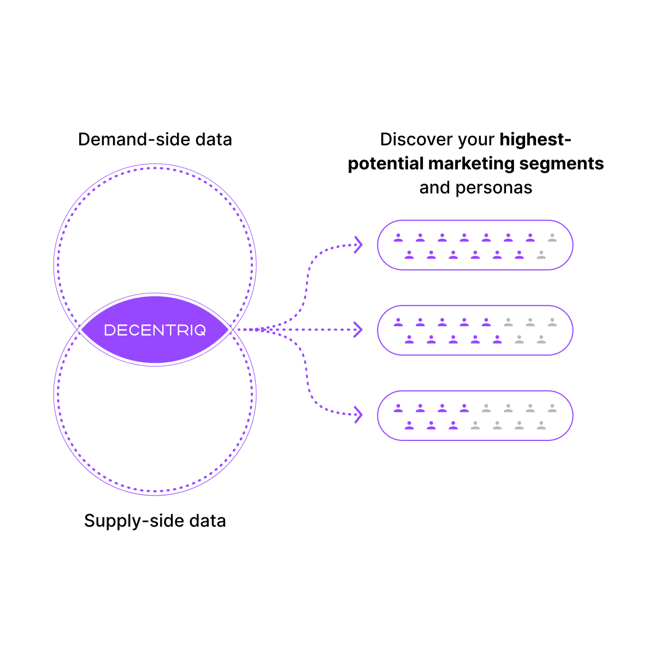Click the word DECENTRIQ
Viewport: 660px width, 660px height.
point(155,330)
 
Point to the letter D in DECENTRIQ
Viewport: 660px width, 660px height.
point(109,330)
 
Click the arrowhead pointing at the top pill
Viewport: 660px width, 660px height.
point(358,244)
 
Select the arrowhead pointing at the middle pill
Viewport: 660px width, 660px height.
point(358,329)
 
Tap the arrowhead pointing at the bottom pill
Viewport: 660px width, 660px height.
point(358,415)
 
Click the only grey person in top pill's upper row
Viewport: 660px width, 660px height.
point(552,238)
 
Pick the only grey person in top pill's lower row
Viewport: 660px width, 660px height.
point(541,255)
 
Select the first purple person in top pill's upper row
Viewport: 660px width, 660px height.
point(398,238)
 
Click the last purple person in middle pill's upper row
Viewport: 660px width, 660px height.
point(486,322)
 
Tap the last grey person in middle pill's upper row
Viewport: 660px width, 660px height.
point(552,322)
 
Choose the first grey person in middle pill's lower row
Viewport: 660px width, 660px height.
point(519,340)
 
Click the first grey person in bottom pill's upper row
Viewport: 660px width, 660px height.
point(486,408)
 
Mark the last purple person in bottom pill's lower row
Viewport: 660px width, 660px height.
point(453,425)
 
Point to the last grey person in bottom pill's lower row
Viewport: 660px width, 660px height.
point(541,425)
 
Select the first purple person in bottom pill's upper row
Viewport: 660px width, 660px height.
point(398,408)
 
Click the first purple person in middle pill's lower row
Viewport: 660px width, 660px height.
point(409,340)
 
